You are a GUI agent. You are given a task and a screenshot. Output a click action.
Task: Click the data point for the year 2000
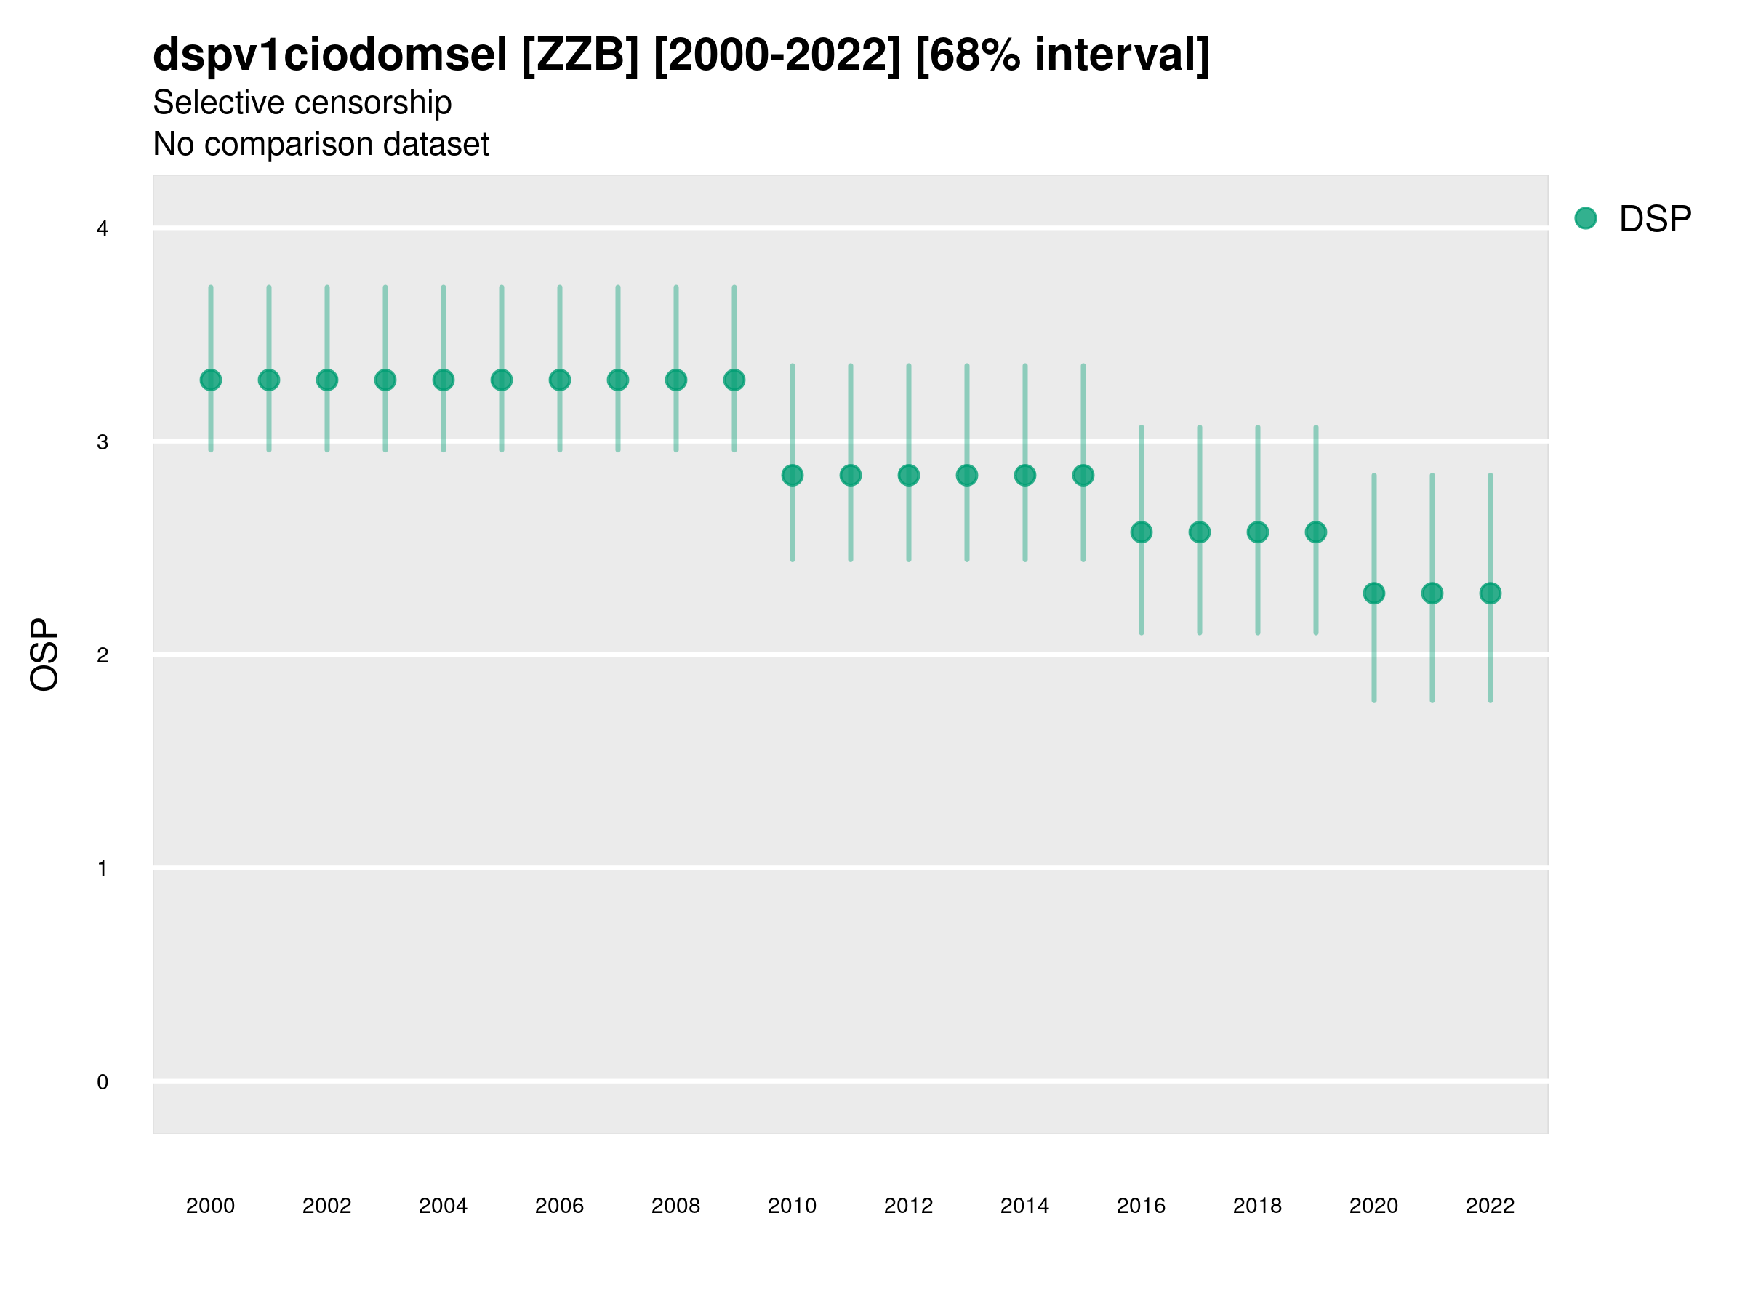tap(211, 380)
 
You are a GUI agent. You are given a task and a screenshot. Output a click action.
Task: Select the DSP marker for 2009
tap(734, 380)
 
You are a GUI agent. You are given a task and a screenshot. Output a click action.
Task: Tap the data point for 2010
tap(792, 475)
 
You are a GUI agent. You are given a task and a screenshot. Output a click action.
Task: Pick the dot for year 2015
tap(1083, 475)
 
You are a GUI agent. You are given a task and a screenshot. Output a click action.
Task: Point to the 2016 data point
tap(1141, 532)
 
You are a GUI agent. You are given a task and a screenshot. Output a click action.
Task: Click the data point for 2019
tap(1316, 532)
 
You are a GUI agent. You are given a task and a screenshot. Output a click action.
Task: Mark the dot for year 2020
tap(1373, 593)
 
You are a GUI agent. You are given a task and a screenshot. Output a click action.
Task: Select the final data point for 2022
tap(1491, 593)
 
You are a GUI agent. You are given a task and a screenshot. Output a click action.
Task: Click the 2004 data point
tap(444, 380)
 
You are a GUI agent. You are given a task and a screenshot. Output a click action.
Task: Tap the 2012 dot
tap(909, 475)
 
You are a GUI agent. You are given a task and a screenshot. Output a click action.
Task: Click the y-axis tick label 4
tap(103, 229)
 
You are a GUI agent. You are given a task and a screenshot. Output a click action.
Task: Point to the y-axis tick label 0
tap(103, 1082)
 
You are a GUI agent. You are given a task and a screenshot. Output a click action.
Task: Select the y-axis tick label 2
tap(103, 655)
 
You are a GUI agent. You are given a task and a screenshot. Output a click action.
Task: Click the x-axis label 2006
tap(559, 1206)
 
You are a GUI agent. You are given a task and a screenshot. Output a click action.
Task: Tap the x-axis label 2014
tap(1024, 1206)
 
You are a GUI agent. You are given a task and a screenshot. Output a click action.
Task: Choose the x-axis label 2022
tap(1491, 1206)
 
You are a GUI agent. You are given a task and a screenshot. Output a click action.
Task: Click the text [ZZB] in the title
tap(579, 55)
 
